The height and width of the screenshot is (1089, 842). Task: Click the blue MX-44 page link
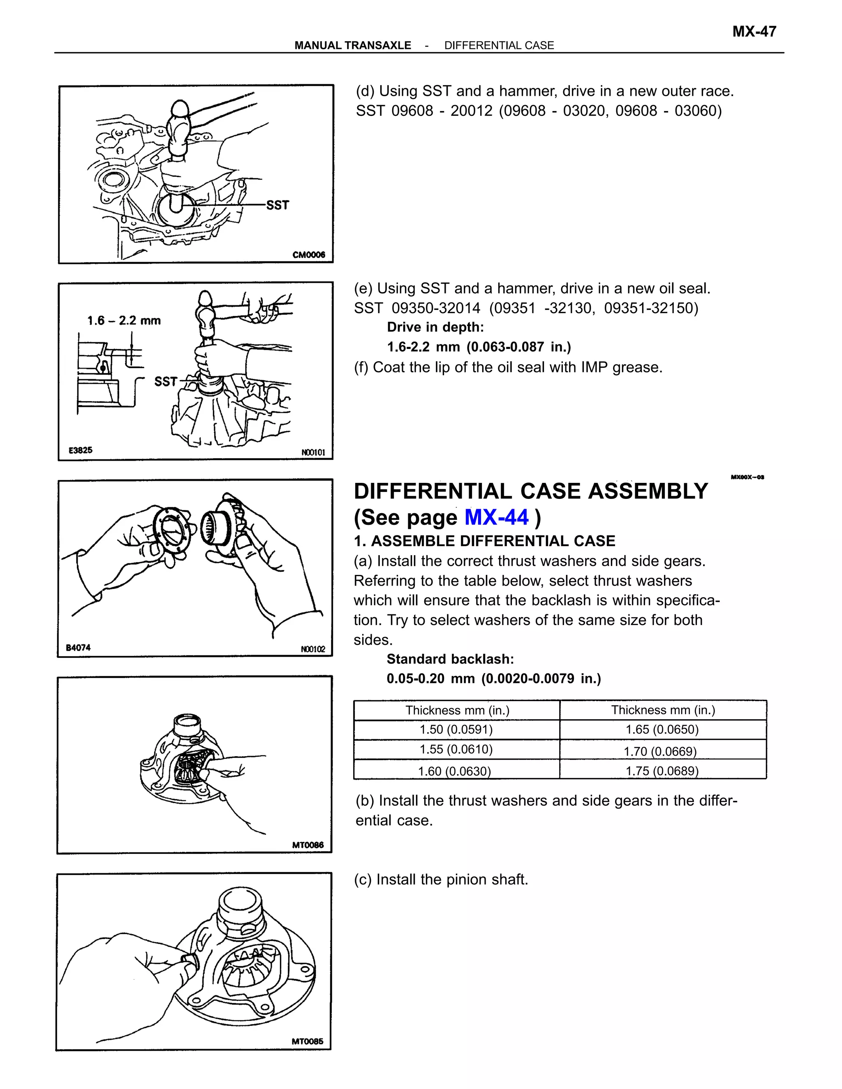coord(496,517)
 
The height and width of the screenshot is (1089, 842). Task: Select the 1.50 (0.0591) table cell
coord(456,729)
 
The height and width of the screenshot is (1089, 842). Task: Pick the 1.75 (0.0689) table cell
coord(662,771)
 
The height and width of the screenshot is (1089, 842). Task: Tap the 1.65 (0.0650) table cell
coord(662,729)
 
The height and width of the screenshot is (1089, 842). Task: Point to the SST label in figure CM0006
coord(278,205)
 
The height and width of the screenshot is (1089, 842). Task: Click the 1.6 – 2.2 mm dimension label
coord(124,321)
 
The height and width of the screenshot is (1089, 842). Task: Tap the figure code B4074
coord(78,648)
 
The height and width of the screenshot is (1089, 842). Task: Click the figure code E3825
coord(80,450)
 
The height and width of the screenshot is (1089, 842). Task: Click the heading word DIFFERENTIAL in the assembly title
coord(433,491)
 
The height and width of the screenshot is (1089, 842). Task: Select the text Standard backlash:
coord(450,659)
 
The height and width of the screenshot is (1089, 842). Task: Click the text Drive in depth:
coord(435,327)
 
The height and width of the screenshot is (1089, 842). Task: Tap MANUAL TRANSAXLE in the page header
coord(353,45)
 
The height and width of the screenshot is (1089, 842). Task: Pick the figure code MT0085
coord(307,1041)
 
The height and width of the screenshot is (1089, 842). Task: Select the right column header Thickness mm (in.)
coord(662,710)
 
